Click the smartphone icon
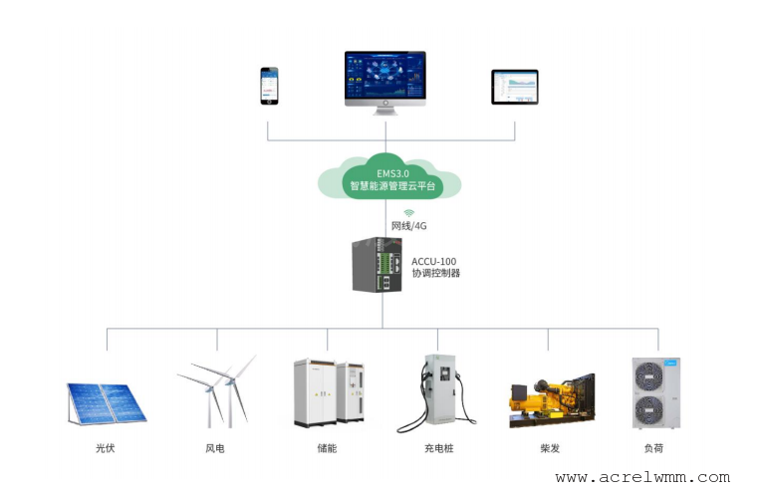click(269, 86)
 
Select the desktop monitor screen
click(385, 75)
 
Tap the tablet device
click(515, 87)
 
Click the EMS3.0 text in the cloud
click(392, 173)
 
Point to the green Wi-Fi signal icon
click(409, 213)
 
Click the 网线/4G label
click(408, 226)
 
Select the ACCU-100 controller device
click(378, 265)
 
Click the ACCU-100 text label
click(434, 261)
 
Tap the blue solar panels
click(107, 403)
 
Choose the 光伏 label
click(106, 448)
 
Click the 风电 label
click(215, 448)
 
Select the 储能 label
click(327, 448)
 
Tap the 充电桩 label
click(439, 448)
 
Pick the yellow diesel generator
click(552, 401)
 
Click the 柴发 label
click(550, 448)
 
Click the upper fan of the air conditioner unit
click(649, 376)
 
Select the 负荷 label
click(653, 448)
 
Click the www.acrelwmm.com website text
click(642, 477)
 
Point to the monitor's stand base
click(385, 113)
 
